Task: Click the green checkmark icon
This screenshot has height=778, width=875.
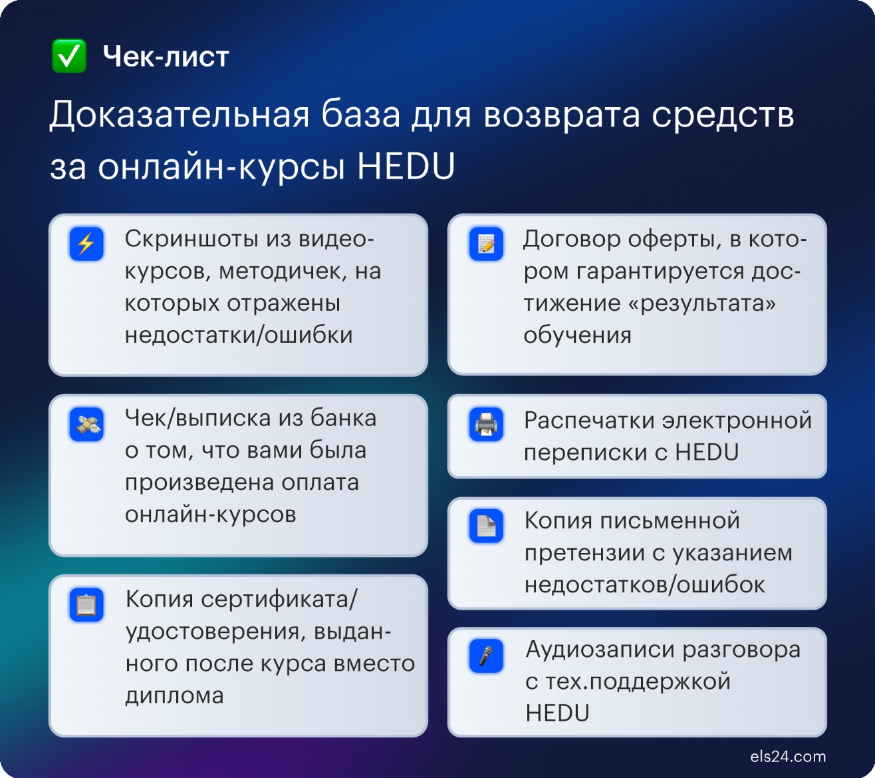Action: [x=69, y=56]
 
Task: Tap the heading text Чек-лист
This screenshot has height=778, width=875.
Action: [x=166, y=57]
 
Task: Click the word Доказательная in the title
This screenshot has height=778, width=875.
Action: [x=180, y=114]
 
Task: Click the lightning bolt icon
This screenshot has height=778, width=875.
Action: [x=86, y=244]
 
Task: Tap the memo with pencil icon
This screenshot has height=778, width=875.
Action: [x=486, y=244]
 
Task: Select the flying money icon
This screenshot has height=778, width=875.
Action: [x=86, y=424]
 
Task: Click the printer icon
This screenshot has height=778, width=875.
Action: [x=486, y=424]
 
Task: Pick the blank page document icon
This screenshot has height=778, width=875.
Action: [x=486, y=526]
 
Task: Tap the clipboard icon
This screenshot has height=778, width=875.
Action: [x=86, y=604]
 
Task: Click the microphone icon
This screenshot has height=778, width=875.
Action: [x=486, y=656]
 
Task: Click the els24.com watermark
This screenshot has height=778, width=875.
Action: [x=788, y=757]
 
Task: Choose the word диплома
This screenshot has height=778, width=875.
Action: [x=174, y=695]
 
